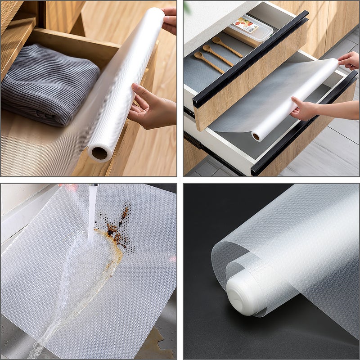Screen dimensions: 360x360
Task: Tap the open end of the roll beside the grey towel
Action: pyautogui.click(x=99, y=153)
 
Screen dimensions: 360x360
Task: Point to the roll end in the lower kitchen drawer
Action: pyautogui.click(x=256, y=136)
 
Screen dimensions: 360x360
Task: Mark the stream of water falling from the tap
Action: pyautogui.click(x=92, y=211)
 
